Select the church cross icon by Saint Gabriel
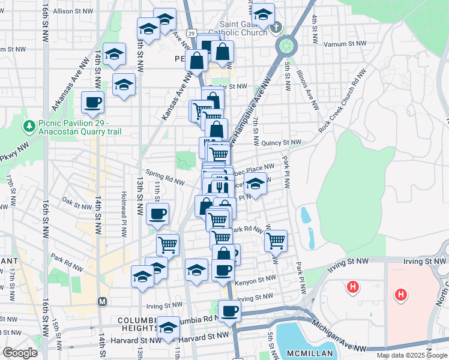pyautogui.click(x=276, y=27)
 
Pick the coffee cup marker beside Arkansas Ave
pyautogui.click(x=92, y=103)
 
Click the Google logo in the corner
pyautogui.click(x=20, y=353)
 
